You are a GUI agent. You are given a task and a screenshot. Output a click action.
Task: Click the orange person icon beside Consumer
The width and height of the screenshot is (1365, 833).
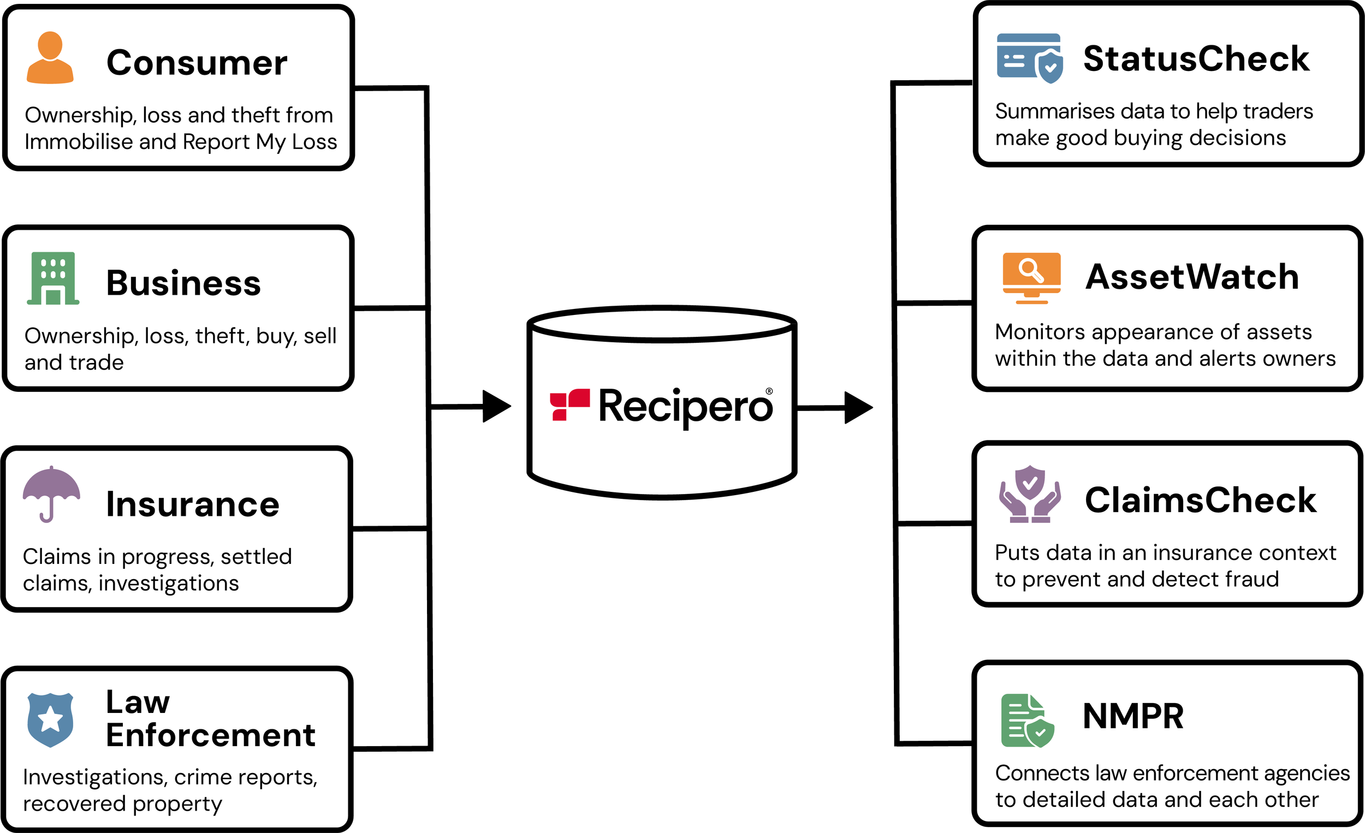coord(50,58)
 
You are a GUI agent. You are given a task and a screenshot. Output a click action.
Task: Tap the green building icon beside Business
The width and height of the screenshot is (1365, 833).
coord(53,278)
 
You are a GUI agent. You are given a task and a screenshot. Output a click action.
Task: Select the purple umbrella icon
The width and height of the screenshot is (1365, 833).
coord(51,493)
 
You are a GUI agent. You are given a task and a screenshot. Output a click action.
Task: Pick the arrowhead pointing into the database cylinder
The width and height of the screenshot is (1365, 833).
coord(496,407)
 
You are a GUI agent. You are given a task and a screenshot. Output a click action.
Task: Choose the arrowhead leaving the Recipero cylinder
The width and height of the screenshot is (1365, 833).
coord(858,408)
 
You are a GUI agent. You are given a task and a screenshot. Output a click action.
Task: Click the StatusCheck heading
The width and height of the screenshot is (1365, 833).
coord(1196,59)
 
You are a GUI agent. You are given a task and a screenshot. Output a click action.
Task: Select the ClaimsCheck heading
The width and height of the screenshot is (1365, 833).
coord(1200,500)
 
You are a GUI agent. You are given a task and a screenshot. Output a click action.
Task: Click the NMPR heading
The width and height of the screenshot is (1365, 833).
coord(1133,716)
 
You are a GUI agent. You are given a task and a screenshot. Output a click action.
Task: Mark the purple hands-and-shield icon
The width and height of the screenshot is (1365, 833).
coord(1030,494)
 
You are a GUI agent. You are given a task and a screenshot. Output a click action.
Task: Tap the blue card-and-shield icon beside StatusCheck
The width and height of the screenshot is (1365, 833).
coord(1029,58)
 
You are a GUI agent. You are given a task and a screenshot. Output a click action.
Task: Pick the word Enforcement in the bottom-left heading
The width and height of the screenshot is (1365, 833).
coord(211,735)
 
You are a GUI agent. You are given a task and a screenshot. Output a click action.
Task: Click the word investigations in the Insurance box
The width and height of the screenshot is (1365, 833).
coord(168,583)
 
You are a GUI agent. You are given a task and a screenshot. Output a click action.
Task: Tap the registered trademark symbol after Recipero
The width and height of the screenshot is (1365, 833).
coord(769,391)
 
